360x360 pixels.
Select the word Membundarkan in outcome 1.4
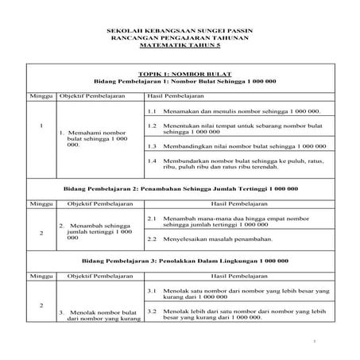(x=189, y=161)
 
